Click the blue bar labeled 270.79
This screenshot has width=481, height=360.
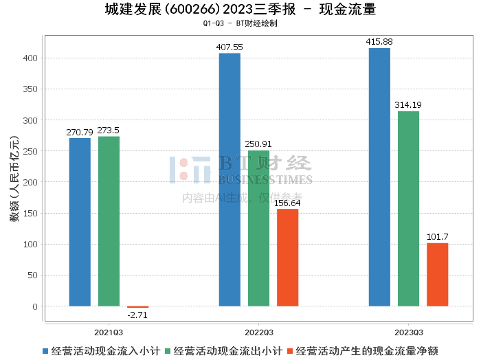pos(80,222)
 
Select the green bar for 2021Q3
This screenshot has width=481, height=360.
pos(109,221)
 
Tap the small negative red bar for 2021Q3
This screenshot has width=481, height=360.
pos(137,307)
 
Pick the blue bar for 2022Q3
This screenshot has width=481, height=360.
pos(230,179)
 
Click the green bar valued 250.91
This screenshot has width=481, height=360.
pos(258,228)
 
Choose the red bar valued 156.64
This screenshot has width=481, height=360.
pos(287,258)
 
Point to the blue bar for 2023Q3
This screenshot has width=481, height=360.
pos(379,177)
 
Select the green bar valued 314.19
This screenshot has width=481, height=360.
pos(408,208)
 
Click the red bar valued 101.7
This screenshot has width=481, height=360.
pos(437,274)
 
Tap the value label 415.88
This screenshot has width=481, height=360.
pos(379,42)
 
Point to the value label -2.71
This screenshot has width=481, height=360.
pos(137,315)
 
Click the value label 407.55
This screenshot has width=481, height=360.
pos(230,47)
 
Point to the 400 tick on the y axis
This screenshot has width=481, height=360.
pos(30,58)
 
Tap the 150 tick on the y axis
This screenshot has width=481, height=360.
pos(30,213)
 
